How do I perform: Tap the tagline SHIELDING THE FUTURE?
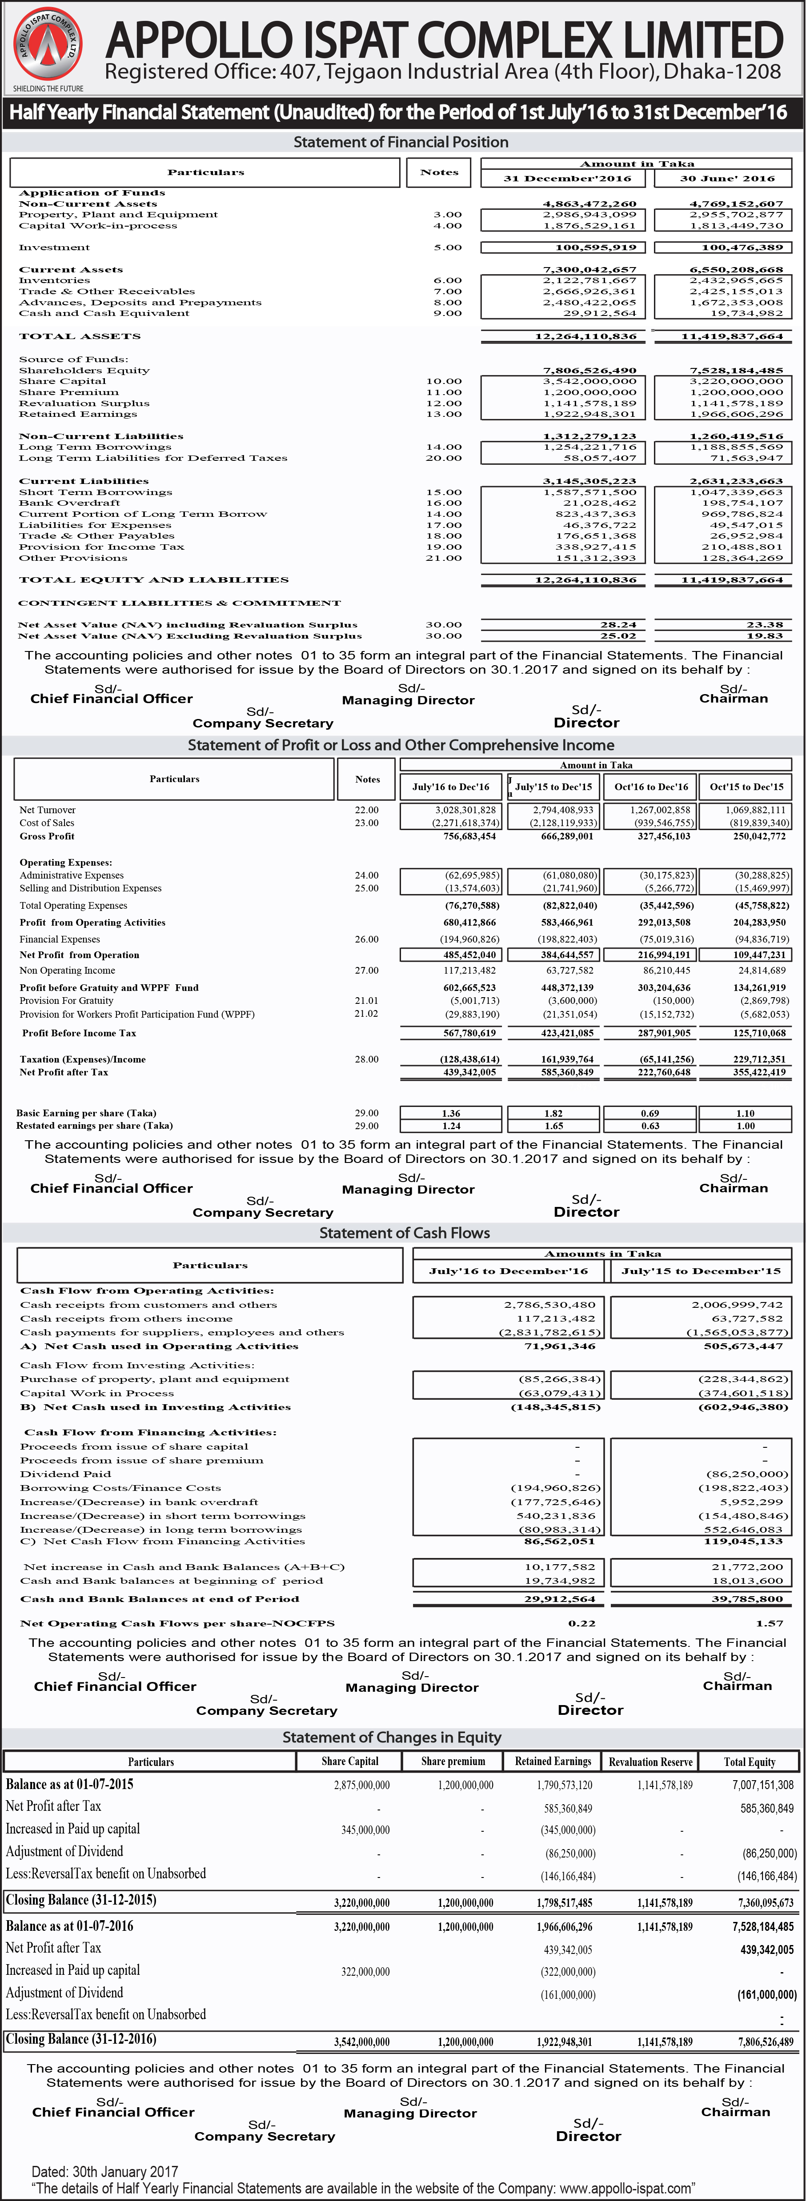(48, 88)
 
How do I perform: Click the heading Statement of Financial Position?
(401, 142)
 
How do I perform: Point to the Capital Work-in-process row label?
(98, 226)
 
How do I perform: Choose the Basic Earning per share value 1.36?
(451, 1113)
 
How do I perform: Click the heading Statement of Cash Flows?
(404, 1233)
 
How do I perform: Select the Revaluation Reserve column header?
(650, 1762)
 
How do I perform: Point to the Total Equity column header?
(750, 1762)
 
